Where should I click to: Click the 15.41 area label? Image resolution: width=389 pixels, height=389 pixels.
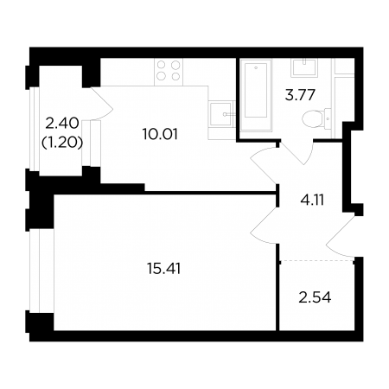(x=163, y=269)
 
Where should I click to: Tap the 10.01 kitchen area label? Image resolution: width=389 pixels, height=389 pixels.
(x=160, y=134)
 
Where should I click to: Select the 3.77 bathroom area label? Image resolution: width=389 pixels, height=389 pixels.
(x=300, y=95)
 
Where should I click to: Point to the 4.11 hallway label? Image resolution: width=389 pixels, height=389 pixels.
(x=312, y=200)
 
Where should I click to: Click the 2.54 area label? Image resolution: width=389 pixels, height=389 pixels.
(x=315, y=297)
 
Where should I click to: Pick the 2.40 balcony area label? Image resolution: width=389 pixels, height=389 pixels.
(x=62, y=124)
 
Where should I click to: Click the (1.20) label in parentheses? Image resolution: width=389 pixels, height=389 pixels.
(x=62, y=143)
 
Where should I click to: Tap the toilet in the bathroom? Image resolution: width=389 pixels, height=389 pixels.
(x=316, y=118)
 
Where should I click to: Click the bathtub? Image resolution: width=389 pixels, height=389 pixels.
(x=256, y=95)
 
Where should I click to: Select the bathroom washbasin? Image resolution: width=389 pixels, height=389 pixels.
(x=304, y=67)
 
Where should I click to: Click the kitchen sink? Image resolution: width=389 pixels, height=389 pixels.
(x=220, y=114)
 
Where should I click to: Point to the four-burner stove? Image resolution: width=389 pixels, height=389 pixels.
(x=169, y=72)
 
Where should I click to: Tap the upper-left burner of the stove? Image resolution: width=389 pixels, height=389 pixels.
(x=162, y=65)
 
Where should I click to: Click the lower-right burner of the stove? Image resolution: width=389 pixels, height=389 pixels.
(x=175, y=76)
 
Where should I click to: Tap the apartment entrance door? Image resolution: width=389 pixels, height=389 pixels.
(x=341, y=237)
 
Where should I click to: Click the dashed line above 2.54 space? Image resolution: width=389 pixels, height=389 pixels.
(x=317, y=260)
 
